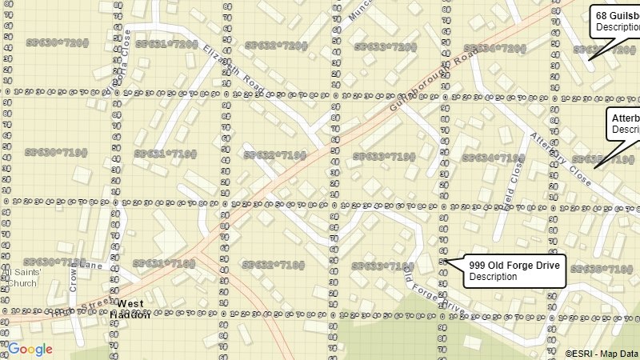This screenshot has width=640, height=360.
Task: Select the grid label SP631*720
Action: click(x=166, y=44)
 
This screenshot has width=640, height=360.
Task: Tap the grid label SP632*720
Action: click(x=275, y=46)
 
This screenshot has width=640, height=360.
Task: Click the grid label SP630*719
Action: click(x=55, y=152)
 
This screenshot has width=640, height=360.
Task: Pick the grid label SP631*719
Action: click(x=165, y=154)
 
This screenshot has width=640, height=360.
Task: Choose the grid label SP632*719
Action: click(x=274, y=155)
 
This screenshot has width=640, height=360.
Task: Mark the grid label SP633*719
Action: click(x=384, y=157)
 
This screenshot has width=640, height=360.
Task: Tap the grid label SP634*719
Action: click(x=494, y=158)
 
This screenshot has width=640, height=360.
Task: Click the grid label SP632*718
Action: click(x=274, y=265)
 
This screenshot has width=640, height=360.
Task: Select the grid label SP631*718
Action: click(x=164, y=263)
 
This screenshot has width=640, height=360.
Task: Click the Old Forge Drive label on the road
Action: click(x=432, y=292)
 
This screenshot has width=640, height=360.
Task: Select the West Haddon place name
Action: click(x=131, y=309)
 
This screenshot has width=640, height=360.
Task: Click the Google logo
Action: click(x=30, y=349)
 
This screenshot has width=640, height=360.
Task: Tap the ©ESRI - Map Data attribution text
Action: click(x=602, y=353)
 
